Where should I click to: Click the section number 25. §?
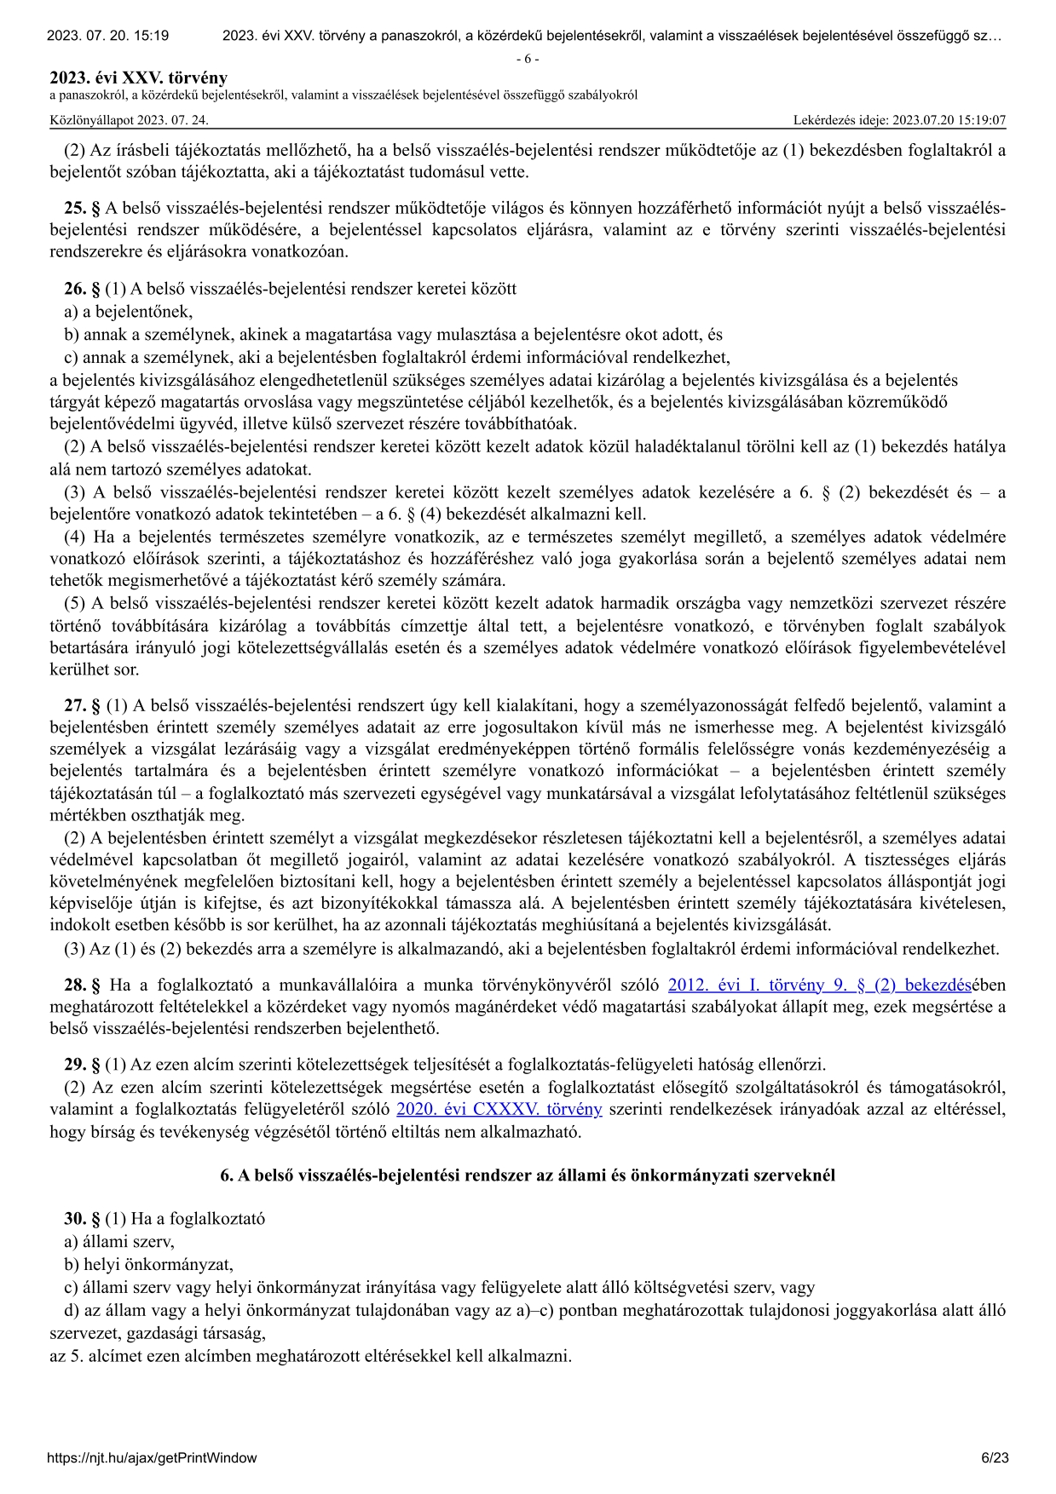82,209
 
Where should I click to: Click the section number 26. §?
82,289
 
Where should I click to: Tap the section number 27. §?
82,705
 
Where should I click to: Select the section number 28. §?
82,985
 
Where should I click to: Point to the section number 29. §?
82,1064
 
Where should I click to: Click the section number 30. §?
82,1219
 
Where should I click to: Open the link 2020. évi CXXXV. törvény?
499,1109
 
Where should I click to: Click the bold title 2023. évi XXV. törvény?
139,78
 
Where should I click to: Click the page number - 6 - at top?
528,59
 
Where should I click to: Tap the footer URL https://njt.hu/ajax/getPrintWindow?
153,1457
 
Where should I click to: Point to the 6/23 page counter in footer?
995,1457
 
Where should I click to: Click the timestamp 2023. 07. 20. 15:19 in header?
107,36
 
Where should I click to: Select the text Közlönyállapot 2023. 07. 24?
129,120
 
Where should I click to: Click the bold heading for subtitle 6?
528,1175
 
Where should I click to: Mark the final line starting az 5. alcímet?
310,1355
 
